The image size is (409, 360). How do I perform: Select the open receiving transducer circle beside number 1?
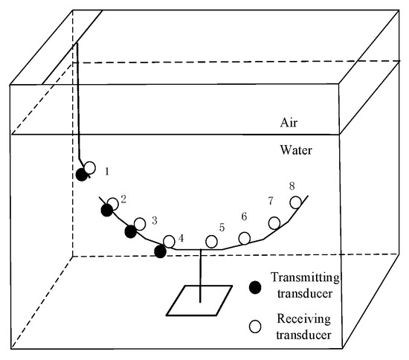click(x=89, y=168)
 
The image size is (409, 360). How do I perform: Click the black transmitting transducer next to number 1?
click(x=82, y=175)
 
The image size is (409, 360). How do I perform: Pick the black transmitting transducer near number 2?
click(x=107, y=210)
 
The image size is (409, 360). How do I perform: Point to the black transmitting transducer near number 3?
click(x=131, y=231)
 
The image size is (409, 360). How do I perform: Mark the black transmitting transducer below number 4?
click(x=160, y=251)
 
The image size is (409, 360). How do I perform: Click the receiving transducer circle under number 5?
click(x=212, y=241)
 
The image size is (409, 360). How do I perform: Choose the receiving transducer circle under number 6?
click(x=244, y=238)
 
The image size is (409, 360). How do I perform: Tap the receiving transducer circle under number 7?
click(x=274, y=222)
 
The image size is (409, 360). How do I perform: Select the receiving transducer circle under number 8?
click(x=295, y=202)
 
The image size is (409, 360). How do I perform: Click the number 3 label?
click(x=154, y=220)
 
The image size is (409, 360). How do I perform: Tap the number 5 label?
click(x=221, y=227)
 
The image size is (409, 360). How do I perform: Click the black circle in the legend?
click(x=255, y=287)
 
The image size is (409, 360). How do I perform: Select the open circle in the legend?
click(x=255, y=325)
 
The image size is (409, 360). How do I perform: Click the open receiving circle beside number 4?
click(x=170, y=240)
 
